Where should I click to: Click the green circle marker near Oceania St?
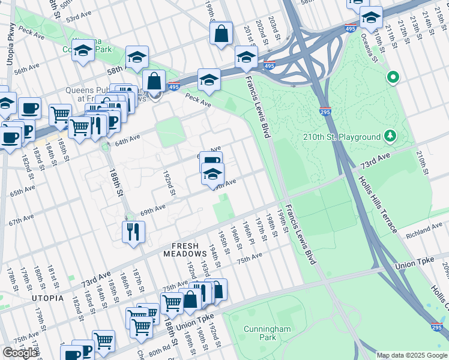pos(393,77)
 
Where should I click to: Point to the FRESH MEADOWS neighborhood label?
pos(190,250)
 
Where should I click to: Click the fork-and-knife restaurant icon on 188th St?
pos(133,232)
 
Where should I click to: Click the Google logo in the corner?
pos(20,353)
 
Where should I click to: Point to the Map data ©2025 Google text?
pos(411,355)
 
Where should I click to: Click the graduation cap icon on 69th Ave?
pos(212,175)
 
